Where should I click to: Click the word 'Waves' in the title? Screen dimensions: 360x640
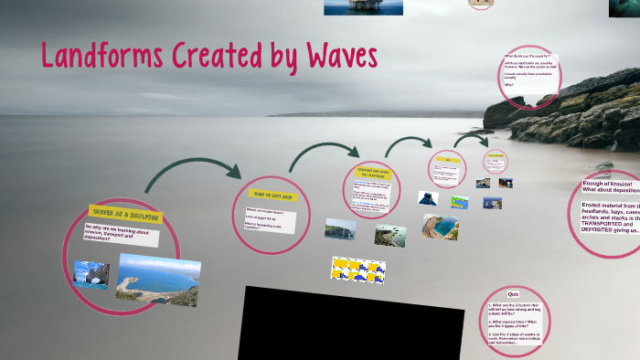(339, 56)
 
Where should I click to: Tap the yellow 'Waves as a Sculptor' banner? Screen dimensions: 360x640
(125, 214)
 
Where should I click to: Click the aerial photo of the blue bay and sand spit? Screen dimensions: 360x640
(156, 276)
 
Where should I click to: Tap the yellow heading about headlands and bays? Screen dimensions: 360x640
(371, 174)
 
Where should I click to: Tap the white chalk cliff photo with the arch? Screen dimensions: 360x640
(340, 228)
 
